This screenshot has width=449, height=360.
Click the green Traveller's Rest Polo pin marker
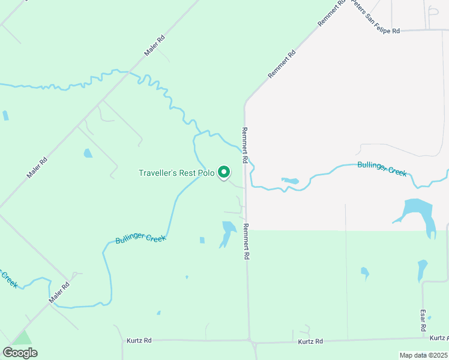tap(224, 172)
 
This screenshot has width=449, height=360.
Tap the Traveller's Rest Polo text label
tap(176, 173)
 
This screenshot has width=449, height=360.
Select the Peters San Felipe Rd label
tap(375, 17)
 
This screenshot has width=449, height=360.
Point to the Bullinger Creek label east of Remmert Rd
tap(382, 169)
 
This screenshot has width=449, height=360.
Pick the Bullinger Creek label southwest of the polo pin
tap(140, 238)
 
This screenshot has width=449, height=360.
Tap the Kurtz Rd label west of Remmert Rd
tap(139, 340)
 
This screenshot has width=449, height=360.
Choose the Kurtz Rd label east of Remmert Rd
tap(310, 341)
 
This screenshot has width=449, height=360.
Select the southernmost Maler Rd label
tap(59, 292)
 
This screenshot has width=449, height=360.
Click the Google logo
tap(20, 352)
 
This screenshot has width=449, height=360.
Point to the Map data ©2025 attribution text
tap(423, 355)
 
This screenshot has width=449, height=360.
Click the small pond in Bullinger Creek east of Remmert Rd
tap(291, 180)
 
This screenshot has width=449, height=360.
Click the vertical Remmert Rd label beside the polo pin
tap(245, 146)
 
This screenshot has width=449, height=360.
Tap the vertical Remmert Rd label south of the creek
tap(246, 241)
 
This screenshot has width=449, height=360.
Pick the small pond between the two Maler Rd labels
tap(88, 153)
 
